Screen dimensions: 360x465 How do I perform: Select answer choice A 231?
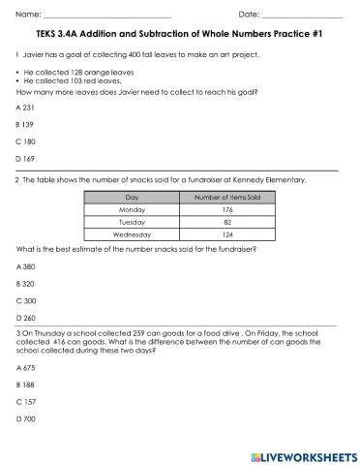pyautogui.click(x=26, y=107)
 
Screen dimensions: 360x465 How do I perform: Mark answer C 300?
pyautogui.click(x=26, y=300)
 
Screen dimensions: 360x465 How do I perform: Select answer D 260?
pyautogui.click(x=26, y=318)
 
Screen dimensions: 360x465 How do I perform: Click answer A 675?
pyautogui.click(x=26, y=367)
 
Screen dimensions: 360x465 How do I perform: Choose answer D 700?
pyautogui.click(x=26, y=418)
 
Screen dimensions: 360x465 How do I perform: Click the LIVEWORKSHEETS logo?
pyautogui.click(x=304, y=454)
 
